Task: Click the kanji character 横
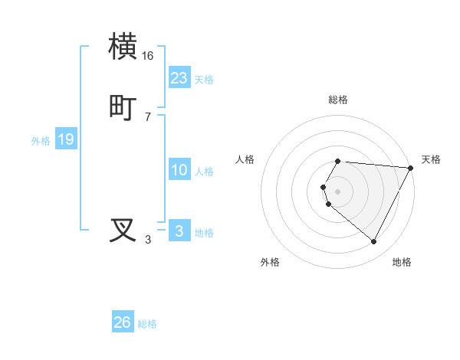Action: pyautogui.click(x=124, y=47)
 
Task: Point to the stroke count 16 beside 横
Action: pyautogui.click(x=148, y=56)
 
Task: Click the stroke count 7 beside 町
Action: pyautogui.click(x=148, y=116)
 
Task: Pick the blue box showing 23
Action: pyautogui.click(x=179, y=77)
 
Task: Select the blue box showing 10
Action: pyautogui.click(x=179, y=170)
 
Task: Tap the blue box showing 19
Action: pyautogui.click(x=66, y=139)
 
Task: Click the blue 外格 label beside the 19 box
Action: pyautogui.click(x=41, y=141)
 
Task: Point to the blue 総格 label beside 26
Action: pyautogui.click(x=147, y=325)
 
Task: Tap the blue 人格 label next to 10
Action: pyautogui.click(x=205, y=172)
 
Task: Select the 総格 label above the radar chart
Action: pyautogui.click(x=338, y=100)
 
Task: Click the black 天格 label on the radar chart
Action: pyautogui.click(x=431, y=159)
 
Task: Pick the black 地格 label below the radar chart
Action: pyautogui.click(x=402, y=263)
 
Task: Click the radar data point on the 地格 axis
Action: pyautogui.click(x=374, y=242)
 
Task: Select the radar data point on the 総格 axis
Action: pyautogui.click(x=338, y=161)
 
